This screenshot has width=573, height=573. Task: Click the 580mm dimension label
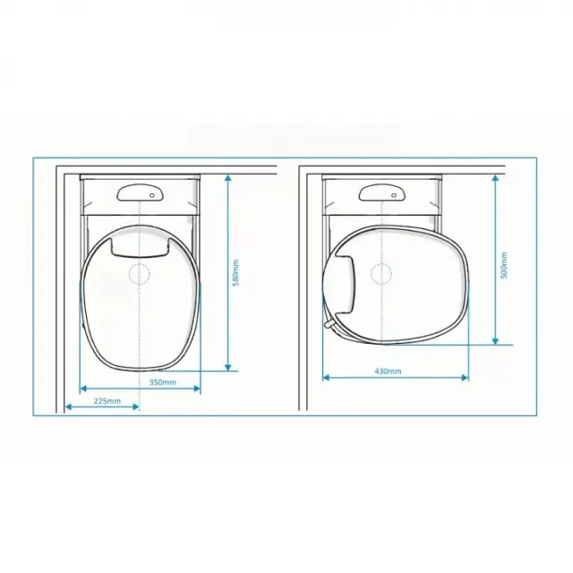click(x=236, y=272)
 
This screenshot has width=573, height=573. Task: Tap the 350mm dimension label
click(x=163, y=382)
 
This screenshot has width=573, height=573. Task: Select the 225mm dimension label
click(x=107, y=401)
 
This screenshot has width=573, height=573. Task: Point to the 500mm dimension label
click(x=504, y=265)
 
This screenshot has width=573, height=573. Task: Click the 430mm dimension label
click(x=388, y=372)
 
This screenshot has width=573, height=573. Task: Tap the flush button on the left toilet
click(x=140, y=192)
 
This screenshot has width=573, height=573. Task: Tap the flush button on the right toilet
click(x=381, y=192)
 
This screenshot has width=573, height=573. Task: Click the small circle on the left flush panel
click(x=152, y=195)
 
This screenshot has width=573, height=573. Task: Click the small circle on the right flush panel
click(x=394, y=195)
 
